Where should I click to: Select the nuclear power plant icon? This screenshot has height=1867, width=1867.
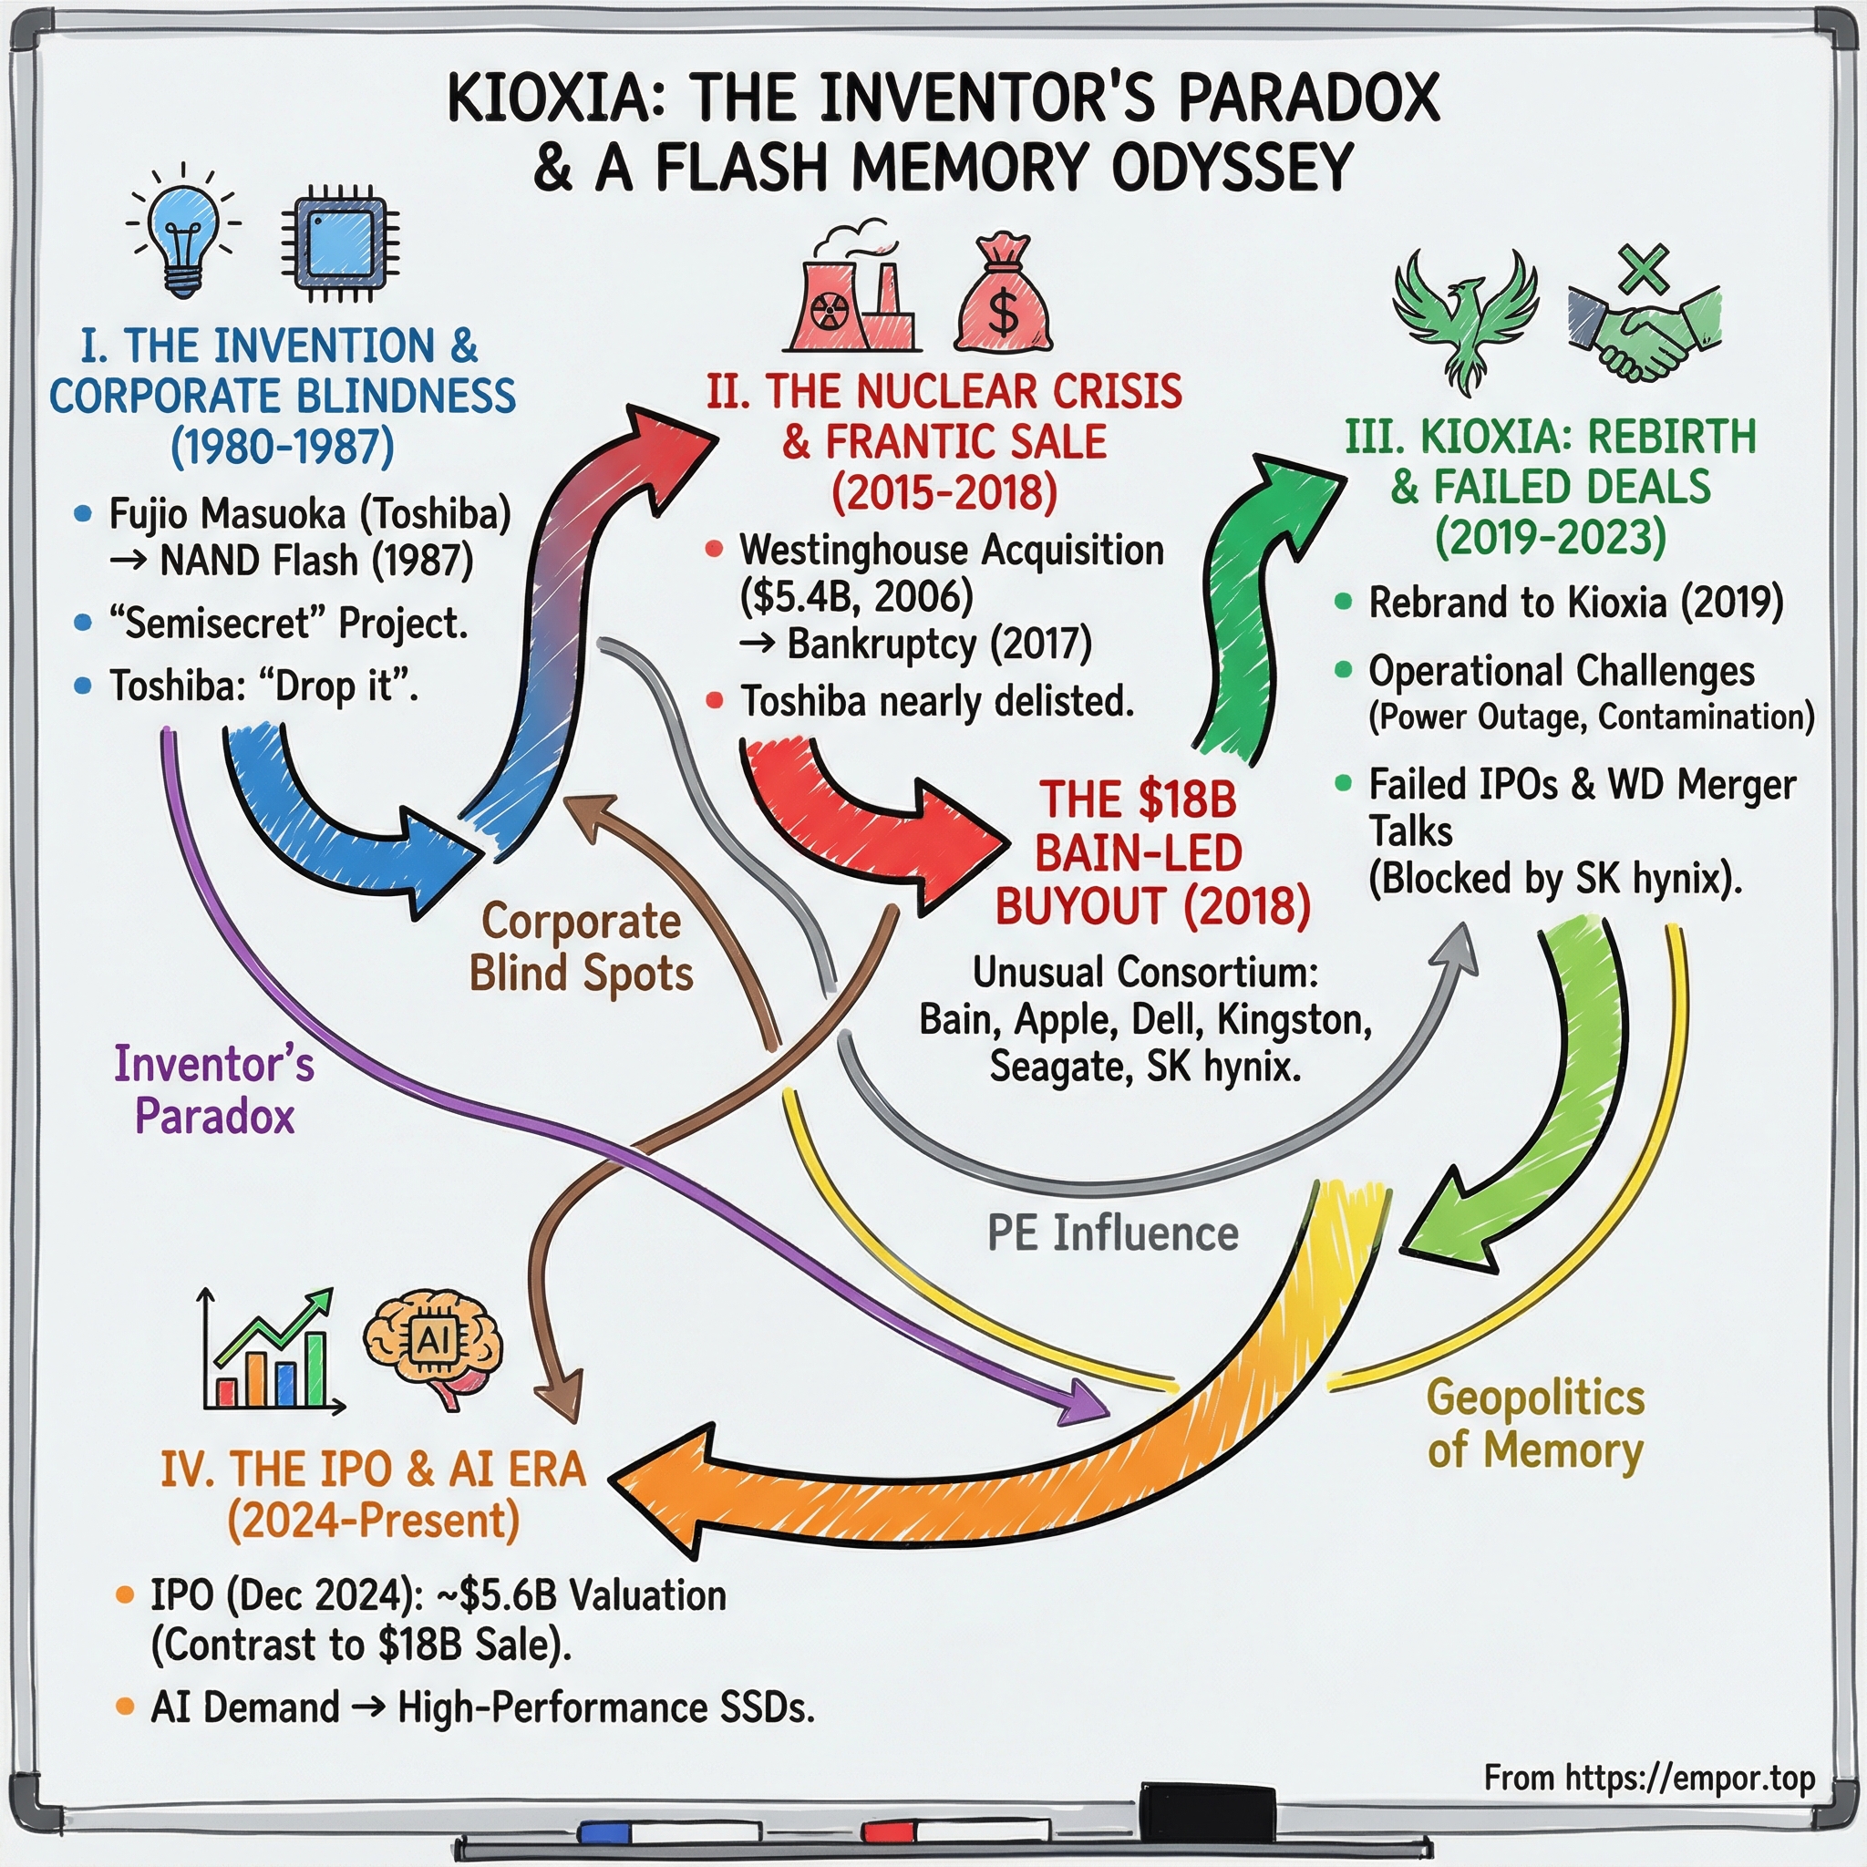click(851, 294)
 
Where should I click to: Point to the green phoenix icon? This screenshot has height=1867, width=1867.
click(1465, 319)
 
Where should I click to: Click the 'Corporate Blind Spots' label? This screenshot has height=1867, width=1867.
click(581, 947)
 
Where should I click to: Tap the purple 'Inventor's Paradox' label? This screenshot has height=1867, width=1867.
click(214, 1090)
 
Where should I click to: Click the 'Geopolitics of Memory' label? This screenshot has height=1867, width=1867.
click(1534, 1423)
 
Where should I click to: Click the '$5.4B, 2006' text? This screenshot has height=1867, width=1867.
click(856, 596)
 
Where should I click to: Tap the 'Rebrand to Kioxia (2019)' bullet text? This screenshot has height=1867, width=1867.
click(1575, 603)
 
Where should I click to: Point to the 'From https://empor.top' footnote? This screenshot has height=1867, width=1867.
click(1648, 1777)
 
